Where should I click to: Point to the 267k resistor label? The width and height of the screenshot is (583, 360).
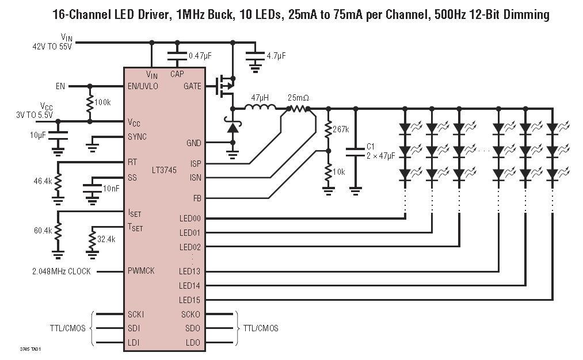tap(341, 129)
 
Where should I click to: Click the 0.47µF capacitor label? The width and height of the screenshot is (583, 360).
tap(200, 56)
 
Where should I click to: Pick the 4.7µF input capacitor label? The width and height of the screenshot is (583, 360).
tap(276, 56)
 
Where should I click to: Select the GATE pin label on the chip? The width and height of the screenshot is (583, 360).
tap(192, 86)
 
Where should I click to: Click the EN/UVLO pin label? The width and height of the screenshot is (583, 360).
tap(143, 86)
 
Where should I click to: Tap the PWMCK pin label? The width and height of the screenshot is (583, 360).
tap(142, 271)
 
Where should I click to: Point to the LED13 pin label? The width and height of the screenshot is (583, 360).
tap(190, 271)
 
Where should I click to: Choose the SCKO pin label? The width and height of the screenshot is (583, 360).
tap(191, 315)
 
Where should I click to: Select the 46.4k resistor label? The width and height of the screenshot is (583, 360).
tap(43, 181)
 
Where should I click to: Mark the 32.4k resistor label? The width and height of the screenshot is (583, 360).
tap(107, 239)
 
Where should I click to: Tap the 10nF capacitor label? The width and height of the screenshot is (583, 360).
tap(112, 189)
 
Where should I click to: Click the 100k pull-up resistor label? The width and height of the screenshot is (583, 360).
tap(103, 102)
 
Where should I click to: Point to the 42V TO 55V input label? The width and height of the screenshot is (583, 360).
tap(52, 47)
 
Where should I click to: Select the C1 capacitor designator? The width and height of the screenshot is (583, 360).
tap(371, 146)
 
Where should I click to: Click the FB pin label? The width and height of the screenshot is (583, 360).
tap(196, 198)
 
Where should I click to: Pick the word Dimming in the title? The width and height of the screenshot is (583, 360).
tap(523, 14)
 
